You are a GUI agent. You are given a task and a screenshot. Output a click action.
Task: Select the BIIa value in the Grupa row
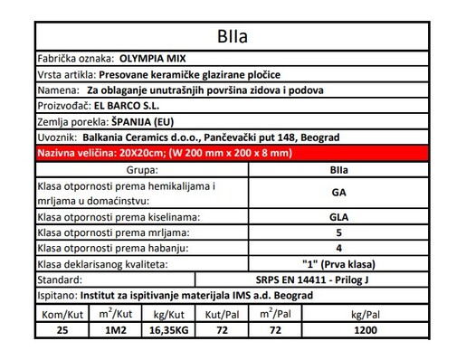click(338, 169)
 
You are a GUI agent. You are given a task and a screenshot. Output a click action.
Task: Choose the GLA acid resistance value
click(338, 217)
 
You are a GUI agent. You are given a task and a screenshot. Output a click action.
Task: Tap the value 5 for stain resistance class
click(338, 232)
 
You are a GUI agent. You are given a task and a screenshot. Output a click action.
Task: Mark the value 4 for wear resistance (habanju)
click(338, 248)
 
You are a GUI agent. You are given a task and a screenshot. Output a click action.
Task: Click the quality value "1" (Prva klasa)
click(338, 263)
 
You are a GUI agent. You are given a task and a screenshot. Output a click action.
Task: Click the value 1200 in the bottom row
click(366, 331)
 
